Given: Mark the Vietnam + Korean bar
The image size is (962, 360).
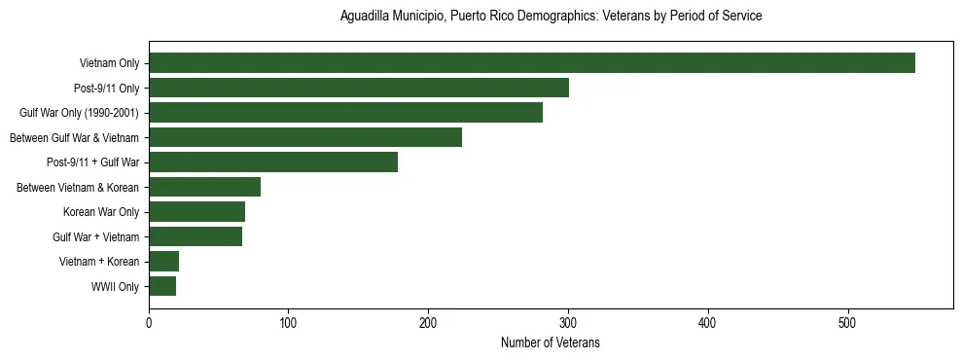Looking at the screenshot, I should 163,262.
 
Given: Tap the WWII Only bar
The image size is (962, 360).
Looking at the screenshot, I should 162,286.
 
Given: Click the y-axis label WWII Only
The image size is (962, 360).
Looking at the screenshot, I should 115,287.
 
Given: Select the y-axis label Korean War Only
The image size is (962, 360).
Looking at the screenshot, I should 101,212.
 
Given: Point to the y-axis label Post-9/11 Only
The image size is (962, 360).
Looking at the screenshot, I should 107,89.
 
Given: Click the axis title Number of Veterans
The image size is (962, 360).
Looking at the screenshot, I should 550,342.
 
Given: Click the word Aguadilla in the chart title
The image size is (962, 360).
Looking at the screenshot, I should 364,17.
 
